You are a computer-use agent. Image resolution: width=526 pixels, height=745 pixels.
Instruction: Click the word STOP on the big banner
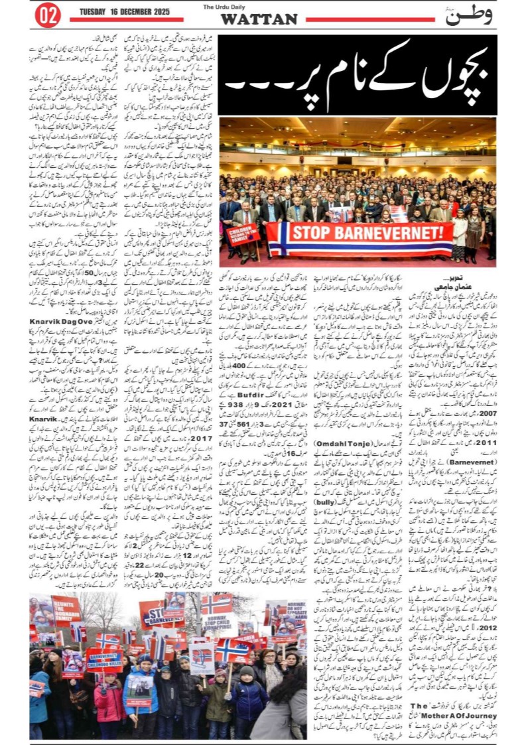[x=312, y=232]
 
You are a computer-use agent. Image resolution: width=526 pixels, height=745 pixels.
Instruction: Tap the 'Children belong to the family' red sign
[x=243, y=236]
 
